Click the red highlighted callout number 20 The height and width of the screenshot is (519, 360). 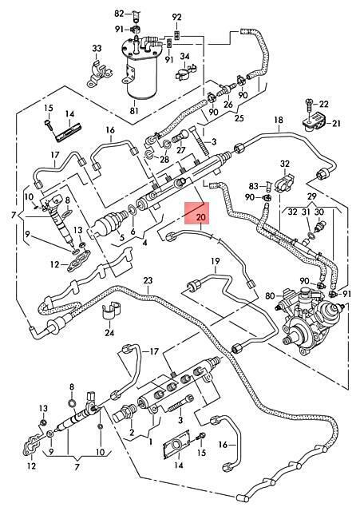click(201, 217)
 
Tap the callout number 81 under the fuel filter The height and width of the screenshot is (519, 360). click(134, 110)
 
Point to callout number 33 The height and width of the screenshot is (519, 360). click(97, 49)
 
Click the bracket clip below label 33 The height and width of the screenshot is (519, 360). click(99, 73)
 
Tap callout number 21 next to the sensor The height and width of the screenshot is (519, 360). click(336, 124)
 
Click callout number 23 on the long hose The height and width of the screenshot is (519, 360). click(148, 281)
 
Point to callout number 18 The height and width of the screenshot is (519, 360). click(279, 120)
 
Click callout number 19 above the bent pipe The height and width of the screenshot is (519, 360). click(215, 261)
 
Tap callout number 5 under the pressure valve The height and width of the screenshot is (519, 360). click(121, 237)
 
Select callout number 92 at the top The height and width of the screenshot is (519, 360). click(177, 17)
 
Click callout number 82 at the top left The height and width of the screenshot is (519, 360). click(119, 14)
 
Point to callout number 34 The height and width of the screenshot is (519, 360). click(184, 56)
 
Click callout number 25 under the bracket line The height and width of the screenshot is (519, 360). click(239, 118)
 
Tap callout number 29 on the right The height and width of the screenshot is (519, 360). click(311, 196)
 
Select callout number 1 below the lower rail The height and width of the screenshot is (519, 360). click(151, 442)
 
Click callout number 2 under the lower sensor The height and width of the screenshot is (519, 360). click(132, 432)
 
